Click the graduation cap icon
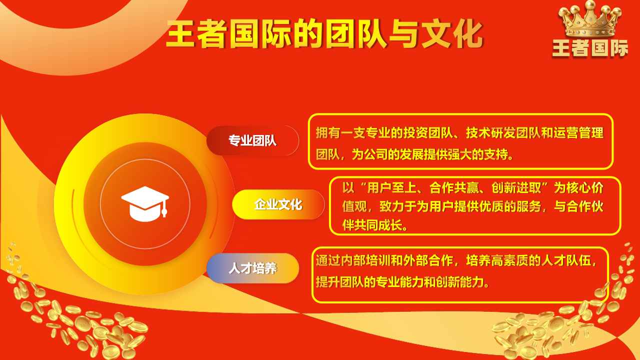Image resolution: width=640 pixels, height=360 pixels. coord(145,204)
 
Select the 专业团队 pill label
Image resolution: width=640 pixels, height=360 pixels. coord(252,140)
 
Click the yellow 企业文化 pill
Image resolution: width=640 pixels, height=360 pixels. coord(278,204)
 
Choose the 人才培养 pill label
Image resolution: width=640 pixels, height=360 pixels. coord(252,268)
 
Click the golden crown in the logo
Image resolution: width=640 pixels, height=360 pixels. coord(590,19)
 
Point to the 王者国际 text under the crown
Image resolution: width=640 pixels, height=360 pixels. coord(590,48)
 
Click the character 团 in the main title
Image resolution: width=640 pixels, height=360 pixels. coord(340,33)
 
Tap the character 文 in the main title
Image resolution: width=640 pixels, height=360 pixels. coord(436,33)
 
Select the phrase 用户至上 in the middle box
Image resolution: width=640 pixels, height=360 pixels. coord(391,187)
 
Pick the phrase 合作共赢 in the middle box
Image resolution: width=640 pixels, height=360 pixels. coord(454,187)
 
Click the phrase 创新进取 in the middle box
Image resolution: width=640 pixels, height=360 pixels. coord(516,187)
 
